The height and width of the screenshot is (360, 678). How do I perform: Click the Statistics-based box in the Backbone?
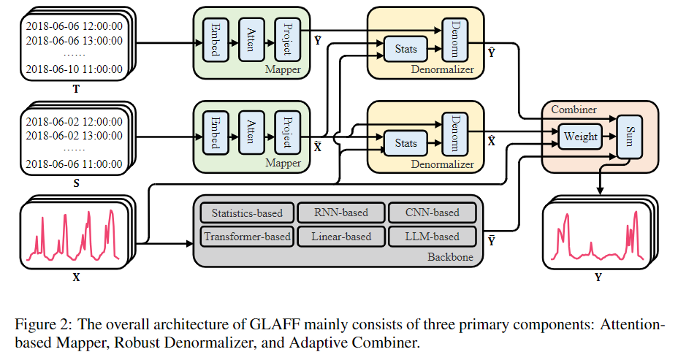click(x=247, y=213)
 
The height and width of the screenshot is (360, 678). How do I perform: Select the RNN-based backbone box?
click(x=340, y=213)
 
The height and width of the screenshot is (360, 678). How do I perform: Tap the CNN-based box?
click(x=433, y=213)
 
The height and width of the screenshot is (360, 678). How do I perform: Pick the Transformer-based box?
click(x=247, y=237)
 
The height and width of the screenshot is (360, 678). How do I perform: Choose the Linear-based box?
click(x=340, y=237)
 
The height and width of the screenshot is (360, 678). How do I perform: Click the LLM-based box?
click(x=433, y=237)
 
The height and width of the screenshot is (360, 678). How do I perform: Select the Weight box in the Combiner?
click(x=581, y=137)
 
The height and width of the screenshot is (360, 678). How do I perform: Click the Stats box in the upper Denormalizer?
click(x=405, y=49)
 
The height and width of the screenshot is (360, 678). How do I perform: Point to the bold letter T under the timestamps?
click(x=76, y=90)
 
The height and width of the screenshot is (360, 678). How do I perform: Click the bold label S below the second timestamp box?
click(x=76, y=183)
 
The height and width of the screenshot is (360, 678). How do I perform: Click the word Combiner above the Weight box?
click(x=574, y=110)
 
